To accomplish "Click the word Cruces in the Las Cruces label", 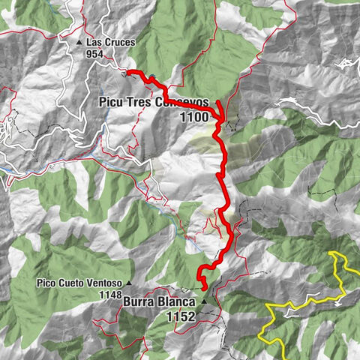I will tap(118, 43).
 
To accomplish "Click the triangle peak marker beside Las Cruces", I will tap(79, 43).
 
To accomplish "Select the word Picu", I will tap(113, 103).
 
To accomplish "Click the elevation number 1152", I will tap(181, 316).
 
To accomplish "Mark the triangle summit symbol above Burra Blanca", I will tap(202, 301).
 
